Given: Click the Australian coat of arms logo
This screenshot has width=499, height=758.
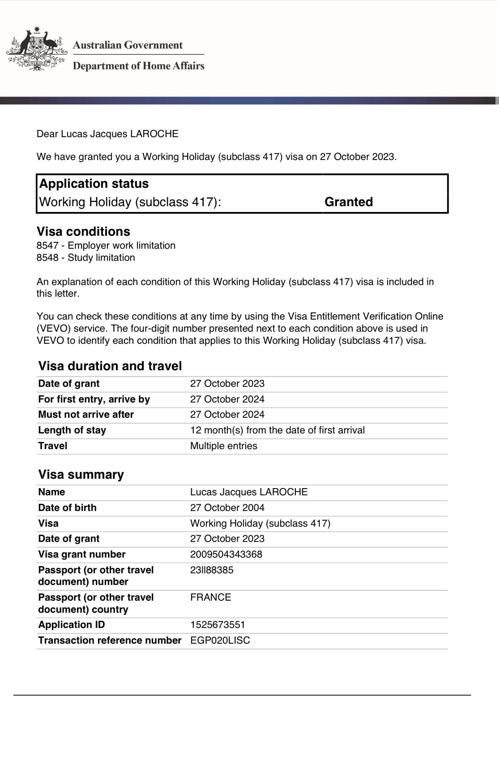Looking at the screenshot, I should tap(37, 49).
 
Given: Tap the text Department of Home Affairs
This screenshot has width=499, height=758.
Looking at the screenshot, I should tap(138, 66).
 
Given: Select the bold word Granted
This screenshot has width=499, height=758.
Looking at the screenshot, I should tap(349, 202).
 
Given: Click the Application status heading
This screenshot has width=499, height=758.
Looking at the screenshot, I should tap(94, 184).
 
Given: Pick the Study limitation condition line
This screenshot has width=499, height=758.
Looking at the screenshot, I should tap(86, 258).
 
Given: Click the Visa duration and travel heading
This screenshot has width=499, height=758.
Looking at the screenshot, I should tap(110, 366).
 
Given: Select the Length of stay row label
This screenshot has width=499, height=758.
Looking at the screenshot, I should tap(72, 430).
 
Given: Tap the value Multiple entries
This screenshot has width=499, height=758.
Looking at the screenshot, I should tap(224, 446).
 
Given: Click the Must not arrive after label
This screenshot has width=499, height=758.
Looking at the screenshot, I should tap(86, 415).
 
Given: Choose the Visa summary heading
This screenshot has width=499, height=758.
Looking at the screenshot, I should tap(81, 475).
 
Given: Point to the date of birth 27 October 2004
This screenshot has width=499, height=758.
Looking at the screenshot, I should tap(227, 508).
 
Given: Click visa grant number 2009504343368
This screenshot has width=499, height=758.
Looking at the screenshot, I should tap(226, 554).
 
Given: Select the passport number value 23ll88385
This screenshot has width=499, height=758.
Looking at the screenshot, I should tap(212, 570).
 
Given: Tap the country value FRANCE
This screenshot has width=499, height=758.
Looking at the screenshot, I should tap(211, 598).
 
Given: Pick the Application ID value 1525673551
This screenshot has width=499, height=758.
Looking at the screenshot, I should tap(218, 625).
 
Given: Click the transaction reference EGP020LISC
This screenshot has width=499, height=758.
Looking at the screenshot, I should tap(220, 641).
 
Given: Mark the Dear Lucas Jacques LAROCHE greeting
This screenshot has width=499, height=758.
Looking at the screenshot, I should tap(107, 134).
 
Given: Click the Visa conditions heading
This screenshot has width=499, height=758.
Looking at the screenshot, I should tap(83, 232).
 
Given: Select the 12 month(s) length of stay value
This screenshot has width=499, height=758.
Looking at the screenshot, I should tap(277, 430).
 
